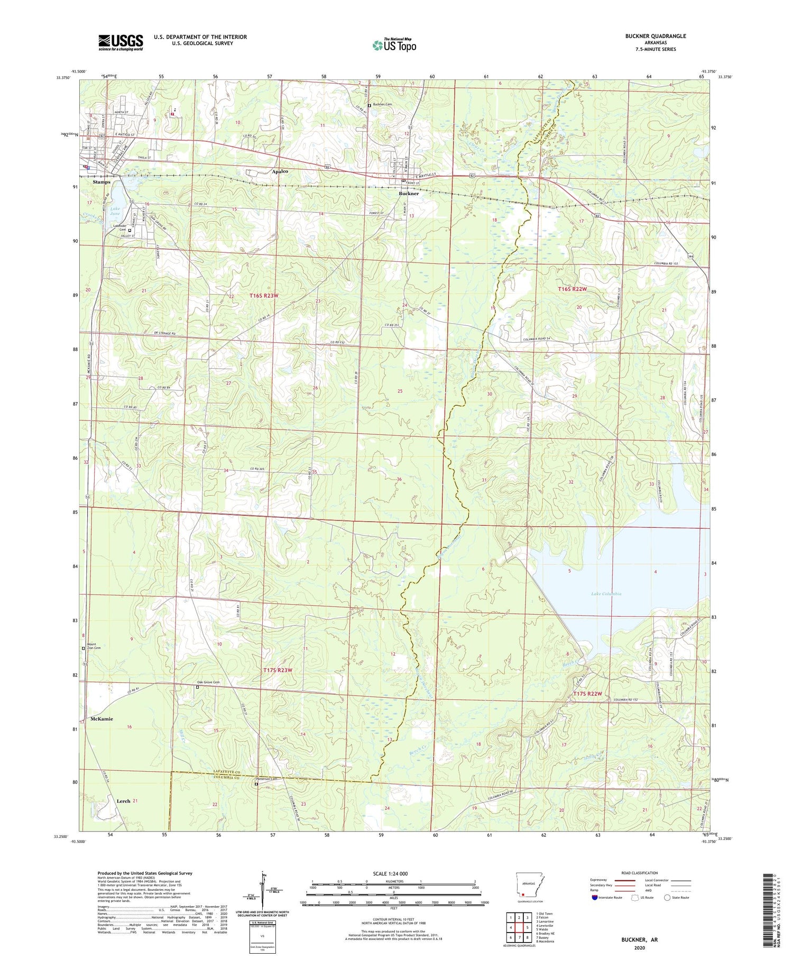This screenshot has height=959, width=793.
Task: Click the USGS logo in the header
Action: click(x=121, y=42)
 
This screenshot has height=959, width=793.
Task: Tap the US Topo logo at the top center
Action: click(x=394, y=45)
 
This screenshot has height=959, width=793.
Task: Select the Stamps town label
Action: click(x=102, y=182)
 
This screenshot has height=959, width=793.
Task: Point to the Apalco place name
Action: click(x=280, y=171)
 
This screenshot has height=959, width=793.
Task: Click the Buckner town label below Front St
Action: click(x=409, y=194)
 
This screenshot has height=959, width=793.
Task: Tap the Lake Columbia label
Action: click(x=606, y=594)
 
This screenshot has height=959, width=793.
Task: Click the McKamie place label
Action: click(x=102, y=719)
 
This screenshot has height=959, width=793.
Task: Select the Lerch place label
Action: click(x=123, y=801)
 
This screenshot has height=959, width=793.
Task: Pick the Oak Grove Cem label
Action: click(x=208, y=682)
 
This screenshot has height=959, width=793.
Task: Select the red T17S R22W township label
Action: click(x=588, y=694)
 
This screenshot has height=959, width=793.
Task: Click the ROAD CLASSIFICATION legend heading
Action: click(x=640, y=873)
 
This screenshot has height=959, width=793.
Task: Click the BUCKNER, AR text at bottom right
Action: click(x=640, y=939)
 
